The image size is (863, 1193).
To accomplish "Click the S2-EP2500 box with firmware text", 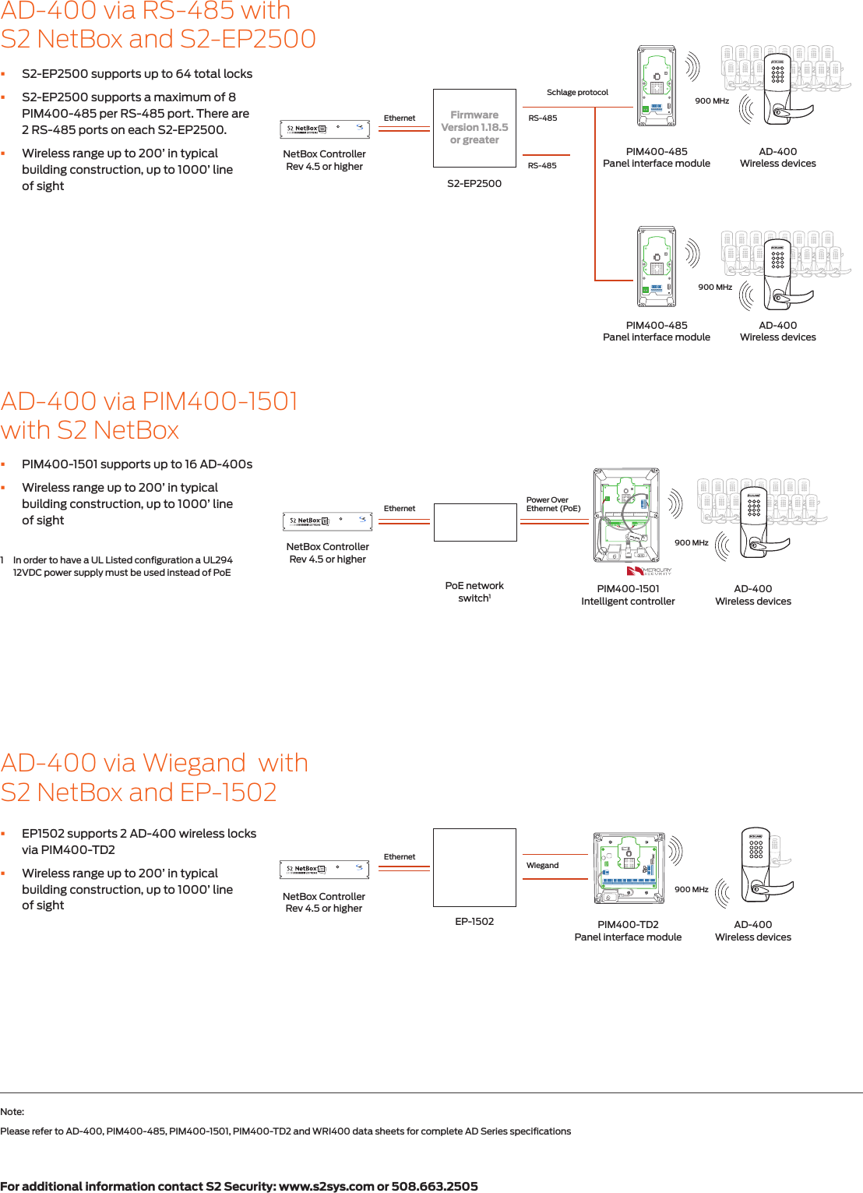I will [474, 128].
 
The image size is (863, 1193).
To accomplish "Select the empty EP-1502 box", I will [474, 867].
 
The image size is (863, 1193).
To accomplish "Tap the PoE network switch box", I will [475, 522].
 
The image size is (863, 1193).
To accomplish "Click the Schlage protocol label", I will [577, 92].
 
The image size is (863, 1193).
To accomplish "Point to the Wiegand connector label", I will [542, 865].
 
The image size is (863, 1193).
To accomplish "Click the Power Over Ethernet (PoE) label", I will [553, 504].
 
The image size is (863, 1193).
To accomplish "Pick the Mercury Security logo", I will [650, 571].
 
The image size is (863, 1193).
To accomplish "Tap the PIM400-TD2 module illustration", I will [629, 867].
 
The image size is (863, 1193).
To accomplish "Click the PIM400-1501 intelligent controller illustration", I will [626, 514].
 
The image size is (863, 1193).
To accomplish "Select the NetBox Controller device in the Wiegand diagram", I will [324, 869].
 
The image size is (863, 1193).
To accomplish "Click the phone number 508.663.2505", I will [435, 1186].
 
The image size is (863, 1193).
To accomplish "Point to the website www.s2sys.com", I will [326, 1186].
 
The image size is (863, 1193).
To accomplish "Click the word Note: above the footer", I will [12, 1111].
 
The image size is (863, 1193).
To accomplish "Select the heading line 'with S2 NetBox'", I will [90, 430].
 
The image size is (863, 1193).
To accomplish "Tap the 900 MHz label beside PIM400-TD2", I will [691, 889].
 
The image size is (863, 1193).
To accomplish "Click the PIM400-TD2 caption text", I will [628, 924].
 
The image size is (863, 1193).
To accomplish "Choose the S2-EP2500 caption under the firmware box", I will [474, 183].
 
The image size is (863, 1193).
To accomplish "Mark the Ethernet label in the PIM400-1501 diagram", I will [400, 508].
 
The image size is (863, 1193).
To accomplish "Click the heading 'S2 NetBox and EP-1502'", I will [139, 792].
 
